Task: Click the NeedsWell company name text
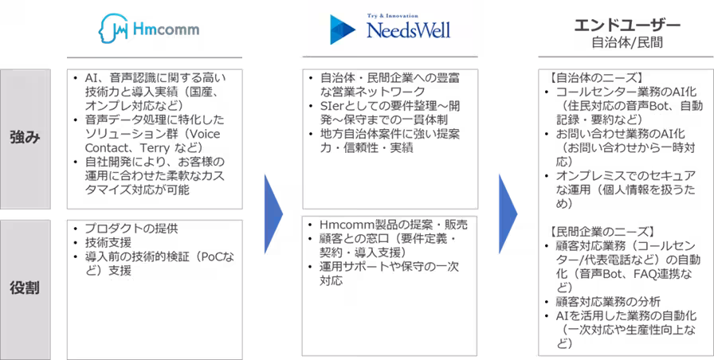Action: pyautogui.click(x=406, y=32)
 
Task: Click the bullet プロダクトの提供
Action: pyautogui.click(x=132, y=228)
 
